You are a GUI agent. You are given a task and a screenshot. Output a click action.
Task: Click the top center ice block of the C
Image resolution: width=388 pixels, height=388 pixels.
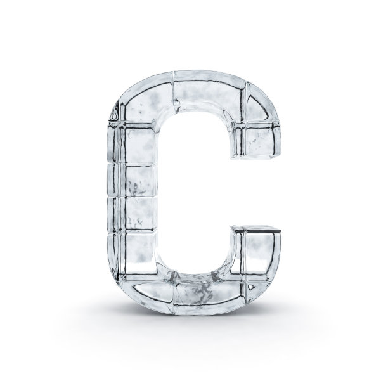click(x=208, y=92)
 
